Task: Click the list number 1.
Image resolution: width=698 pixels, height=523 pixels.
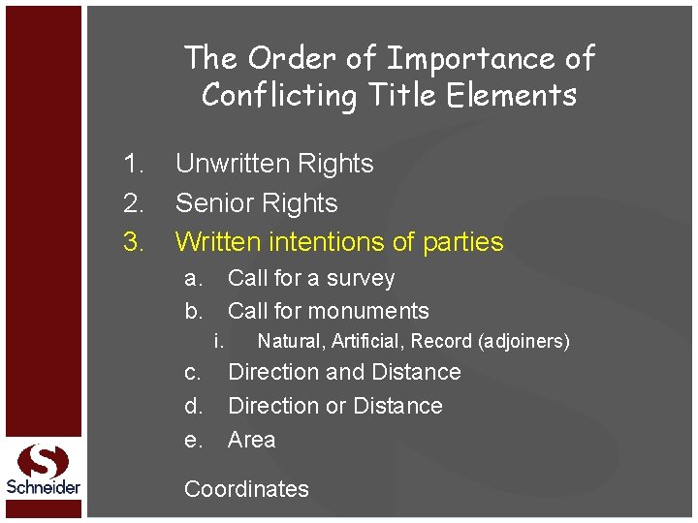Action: (x=134, y=164)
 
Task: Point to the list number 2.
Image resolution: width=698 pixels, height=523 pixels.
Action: (x=134, y=203)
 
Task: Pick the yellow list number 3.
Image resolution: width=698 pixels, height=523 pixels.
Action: (x=134, y=241)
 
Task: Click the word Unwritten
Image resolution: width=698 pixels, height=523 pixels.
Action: (x=234, y=164)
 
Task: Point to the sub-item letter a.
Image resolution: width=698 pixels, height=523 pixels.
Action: (x=194, y=279)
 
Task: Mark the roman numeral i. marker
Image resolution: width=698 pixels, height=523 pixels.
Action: (x=220, y=341)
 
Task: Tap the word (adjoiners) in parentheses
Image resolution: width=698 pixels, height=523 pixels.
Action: (x=523, y=341)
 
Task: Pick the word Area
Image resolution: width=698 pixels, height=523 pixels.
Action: (x=251, y=440)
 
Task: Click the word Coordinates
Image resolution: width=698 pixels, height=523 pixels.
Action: (x=246, y=489)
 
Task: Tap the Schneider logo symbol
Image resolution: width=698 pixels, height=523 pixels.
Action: (x=44, y=462)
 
